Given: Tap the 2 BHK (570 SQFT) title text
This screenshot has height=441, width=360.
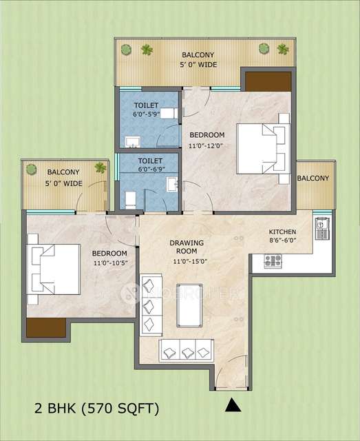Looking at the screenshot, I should (96, 409).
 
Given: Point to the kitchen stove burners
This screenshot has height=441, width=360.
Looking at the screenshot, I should (273, 260).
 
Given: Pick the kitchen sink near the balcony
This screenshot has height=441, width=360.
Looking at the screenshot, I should (321, 228).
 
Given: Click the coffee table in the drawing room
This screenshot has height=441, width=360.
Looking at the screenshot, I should (189, 304).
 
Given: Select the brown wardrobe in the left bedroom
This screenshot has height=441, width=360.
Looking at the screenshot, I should (46, 327).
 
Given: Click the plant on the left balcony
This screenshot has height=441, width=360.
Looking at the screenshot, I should (100, 167).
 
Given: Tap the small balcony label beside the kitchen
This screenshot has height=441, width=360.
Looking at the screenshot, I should (314, 178).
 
